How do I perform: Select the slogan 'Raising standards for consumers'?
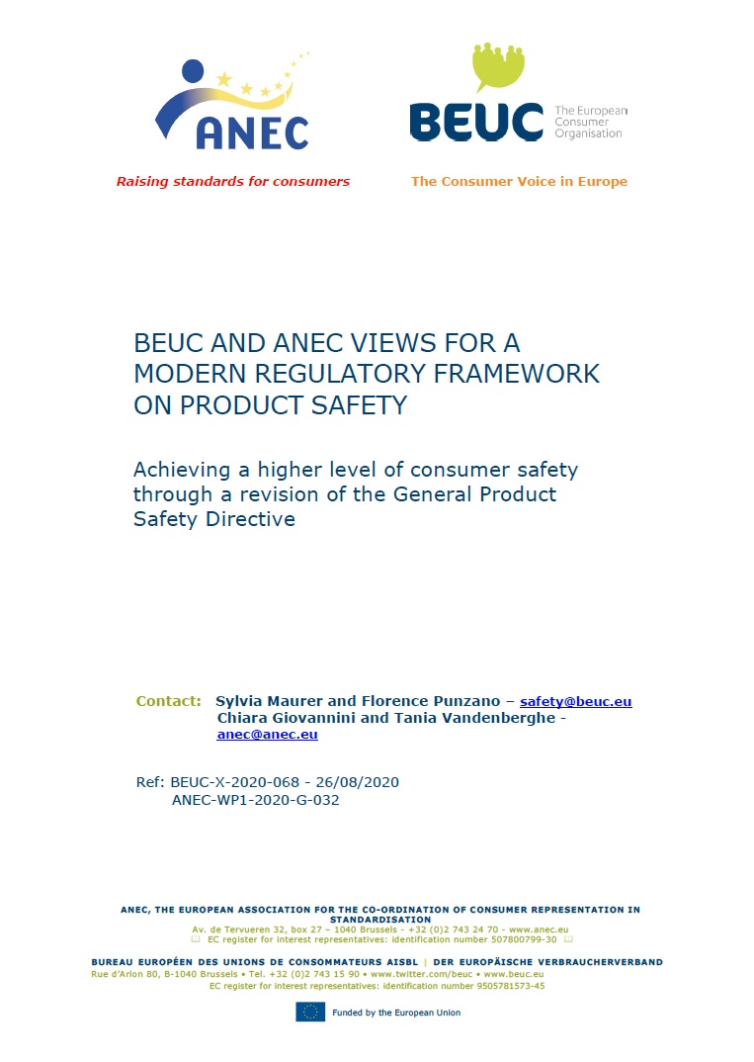(x=233, y=182)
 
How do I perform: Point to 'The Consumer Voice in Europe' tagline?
(x=519, y=182)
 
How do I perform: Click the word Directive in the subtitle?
(x=251, y=518)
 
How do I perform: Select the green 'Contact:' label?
(x=169, y=701)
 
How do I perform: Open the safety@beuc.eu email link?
(x=575, y=701)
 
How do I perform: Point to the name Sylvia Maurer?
(x=268, y=701)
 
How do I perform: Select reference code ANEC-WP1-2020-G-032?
(x=255, y=800)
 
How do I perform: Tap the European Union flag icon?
(x=310, y=1012)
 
